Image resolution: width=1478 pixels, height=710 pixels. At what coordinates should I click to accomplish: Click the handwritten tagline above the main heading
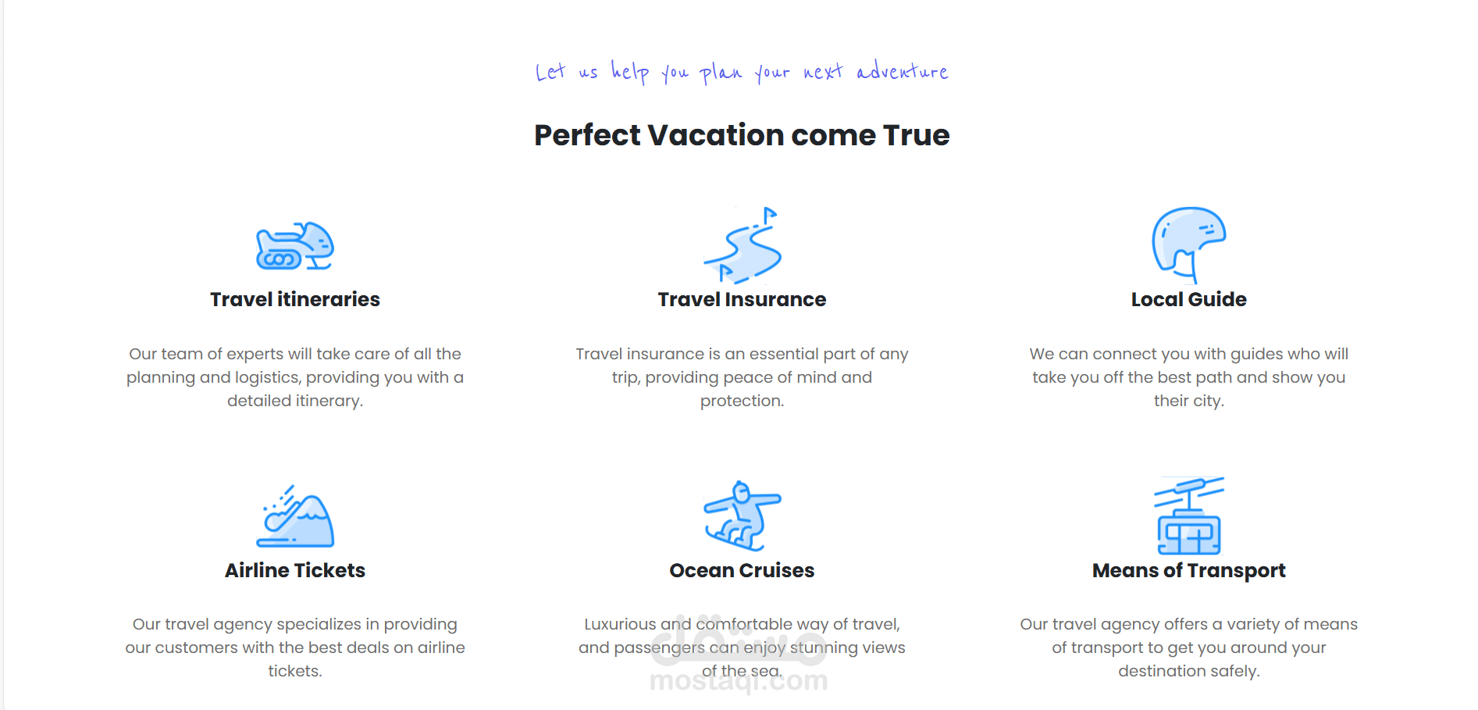tap(742, 72)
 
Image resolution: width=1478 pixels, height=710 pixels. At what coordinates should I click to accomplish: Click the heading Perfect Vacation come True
tap(742, 135)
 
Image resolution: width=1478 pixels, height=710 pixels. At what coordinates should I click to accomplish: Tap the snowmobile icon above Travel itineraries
tap(295, 246)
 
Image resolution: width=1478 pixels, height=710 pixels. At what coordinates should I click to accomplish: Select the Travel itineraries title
tap(295, 299)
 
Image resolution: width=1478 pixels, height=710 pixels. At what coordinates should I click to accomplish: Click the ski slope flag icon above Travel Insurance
tap(743, 245)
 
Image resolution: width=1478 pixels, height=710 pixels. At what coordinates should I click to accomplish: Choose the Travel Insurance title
tap(742, 299)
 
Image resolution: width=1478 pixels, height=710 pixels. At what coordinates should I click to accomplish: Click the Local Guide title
tap(1189, 299)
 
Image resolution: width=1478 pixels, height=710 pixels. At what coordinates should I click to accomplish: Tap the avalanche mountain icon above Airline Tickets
tap(295, 516)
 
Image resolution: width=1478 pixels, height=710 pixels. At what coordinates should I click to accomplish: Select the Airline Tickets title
tap(295, 570)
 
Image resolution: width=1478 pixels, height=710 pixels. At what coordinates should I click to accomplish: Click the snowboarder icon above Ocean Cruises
tap(743, 516)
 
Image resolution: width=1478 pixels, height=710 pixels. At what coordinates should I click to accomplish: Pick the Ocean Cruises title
tap(742, 570)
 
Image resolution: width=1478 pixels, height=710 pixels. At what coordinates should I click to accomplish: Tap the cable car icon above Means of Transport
tap(1189, 516)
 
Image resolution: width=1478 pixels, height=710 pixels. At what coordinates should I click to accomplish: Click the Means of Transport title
tap(1189, 570)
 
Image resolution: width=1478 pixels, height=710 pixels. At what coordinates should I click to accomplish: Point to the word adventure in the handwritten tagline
tap(903, 70)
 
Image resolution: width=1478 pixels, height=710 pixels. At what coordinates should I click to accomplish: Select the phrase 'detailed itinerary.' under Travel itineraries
tap(295, 401)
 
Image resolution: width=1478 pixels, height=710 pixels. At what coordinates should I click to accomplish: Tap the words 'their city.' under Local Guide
tap(1189, 401)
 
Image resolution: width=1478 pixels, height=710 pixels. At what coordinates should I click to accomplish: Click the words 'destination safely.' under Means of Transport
tap(1189, 671)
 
